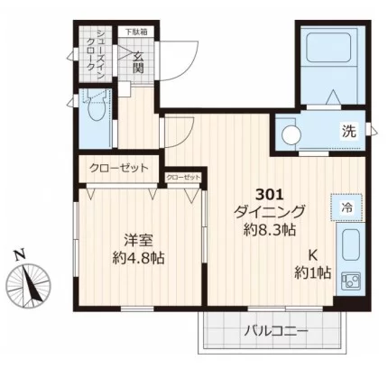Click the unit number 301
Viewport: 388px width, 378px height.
270,195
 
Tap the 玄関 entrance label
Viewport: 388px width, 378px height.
138,63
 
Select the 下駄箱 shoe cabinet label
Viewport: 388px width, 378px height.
136,32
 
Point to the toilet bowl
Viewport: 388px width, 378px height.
96,108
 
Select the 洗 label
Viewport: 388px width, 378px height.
349,131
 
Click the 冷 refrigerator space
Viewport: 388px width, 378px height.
346,207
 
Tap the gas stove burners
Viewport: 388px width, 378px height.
351,281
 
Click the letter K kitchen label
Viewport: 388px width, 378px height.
313,256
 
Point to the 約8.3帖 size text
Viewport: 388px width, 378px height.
270,231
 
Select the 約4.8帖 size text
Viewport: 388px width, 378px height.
138,258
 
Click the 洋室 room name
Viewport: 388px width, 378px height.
139,240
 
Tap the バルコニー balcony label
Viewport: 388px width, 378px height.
276,332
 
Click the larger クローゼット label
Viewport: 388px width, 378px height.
119,168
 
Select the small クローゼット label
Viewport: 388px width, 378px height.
183,178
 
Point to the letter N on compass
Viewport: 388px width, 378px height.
20,255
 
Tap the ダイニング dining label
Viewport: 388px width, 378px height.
270,212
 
